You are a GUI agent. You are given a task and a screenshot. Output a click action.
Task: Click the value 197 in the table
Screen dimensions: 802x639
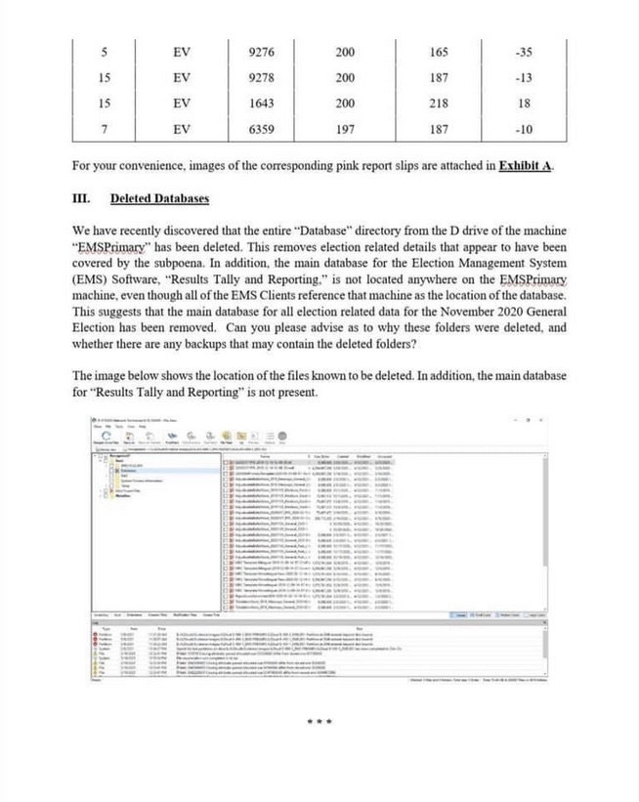[x=345, y=129]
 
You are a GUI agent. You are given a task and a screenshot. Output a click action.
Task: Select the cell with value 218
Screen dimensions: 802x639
[x=439, y=103]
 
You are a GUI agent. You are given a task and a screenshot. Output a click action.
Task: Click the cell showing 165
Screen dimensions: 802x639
[x=439, y=50]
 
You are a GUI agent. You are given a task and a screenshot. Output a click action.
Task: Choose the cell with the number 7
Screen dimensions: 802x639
[x=104, y=129]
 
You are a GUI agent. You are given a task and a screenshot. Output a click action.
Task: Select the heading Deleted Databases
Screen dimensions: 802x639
[x=159, y=199]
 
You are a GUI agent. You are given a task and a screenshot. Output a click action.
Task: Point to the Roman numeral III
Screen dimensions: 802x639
[x=82, y=199]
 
